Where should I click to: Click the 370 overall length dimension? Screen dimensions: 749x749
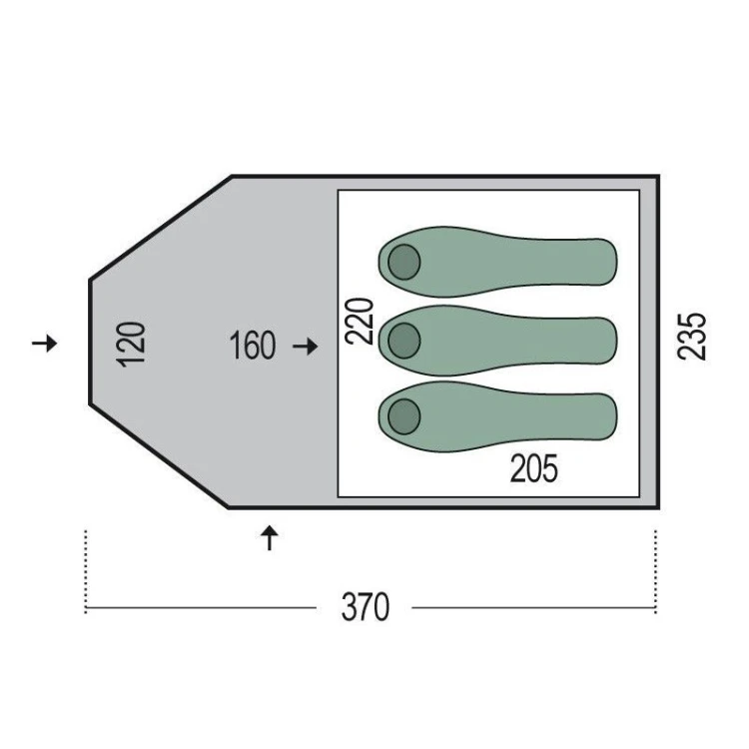click(x=366, y=607)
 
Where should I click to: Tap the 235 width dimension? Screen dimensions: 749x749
click(x=692, y=336)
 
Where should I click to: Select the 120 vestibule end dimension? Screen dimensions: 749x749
click(x=131, y=345)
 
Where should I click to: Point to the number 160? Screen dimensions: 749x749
click(x=253, y=345)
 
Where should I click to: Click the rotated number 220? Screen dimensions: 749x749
click(x=360, y=321)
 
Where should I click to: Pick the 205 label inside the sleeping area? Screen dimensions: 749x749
click(x=534, y=468)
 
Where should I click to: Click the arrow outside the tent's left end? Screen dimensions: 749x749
click(x=44, y=343)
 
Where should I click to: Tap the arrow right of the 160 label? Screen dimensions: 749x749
click(x=306, y=347)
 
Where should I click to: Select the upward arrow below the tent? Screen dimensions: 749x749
click(x=270, y=538)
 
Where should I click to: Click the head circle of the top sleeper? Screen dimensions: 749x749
click(x=404, y=263)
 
